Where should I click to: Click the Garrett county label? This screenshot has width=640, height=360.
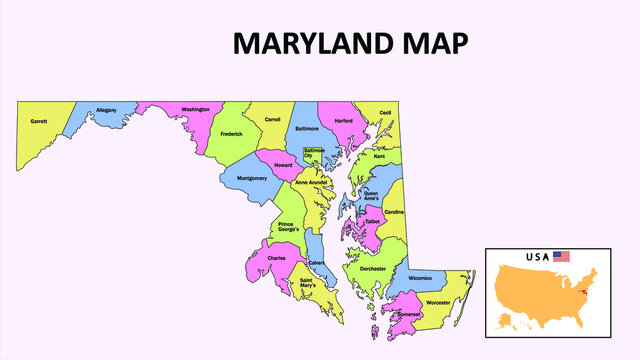click(x=39, y=121)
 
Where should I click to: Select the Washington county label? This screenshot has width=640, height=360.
click(x=196, y=109)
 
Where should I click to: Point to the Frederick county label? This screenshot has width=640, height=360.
click(x=231, y=133)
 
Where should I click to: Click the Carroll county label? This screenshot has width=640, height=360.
click(x=272, y=120)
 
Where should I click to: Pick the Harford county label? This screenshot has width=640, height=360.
click(x=344, y=120)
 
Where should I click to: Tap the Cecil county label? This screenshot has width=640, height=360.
click(x=386, y=113)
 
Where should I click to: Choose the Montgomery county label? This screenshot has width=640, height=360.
click(x=251, y=178)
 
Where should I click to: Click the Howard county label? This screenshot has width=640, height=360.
click(x=283, y=164)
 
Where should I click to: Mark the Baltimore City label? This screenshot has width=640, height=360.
click(x=314, y=152)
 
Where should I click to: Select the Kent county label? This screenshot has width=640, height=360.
click(x=379, y=156)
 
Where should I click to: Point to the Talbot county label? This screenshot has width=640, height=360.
click(x=372, y=221)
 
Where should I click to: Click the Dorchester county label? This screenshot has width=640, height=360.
click(x=372, y=268)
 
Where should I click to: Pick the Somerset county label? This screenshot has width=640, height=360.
click(x=409, y=314)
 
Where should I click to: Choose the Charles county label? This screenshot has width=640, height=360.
click(x=277, y=258)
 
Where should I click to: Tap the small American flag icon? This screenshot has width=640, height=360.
click(x=561, y=257)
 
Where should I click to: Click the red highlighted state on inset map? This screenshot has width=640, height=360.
click(x=583, y=293)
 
